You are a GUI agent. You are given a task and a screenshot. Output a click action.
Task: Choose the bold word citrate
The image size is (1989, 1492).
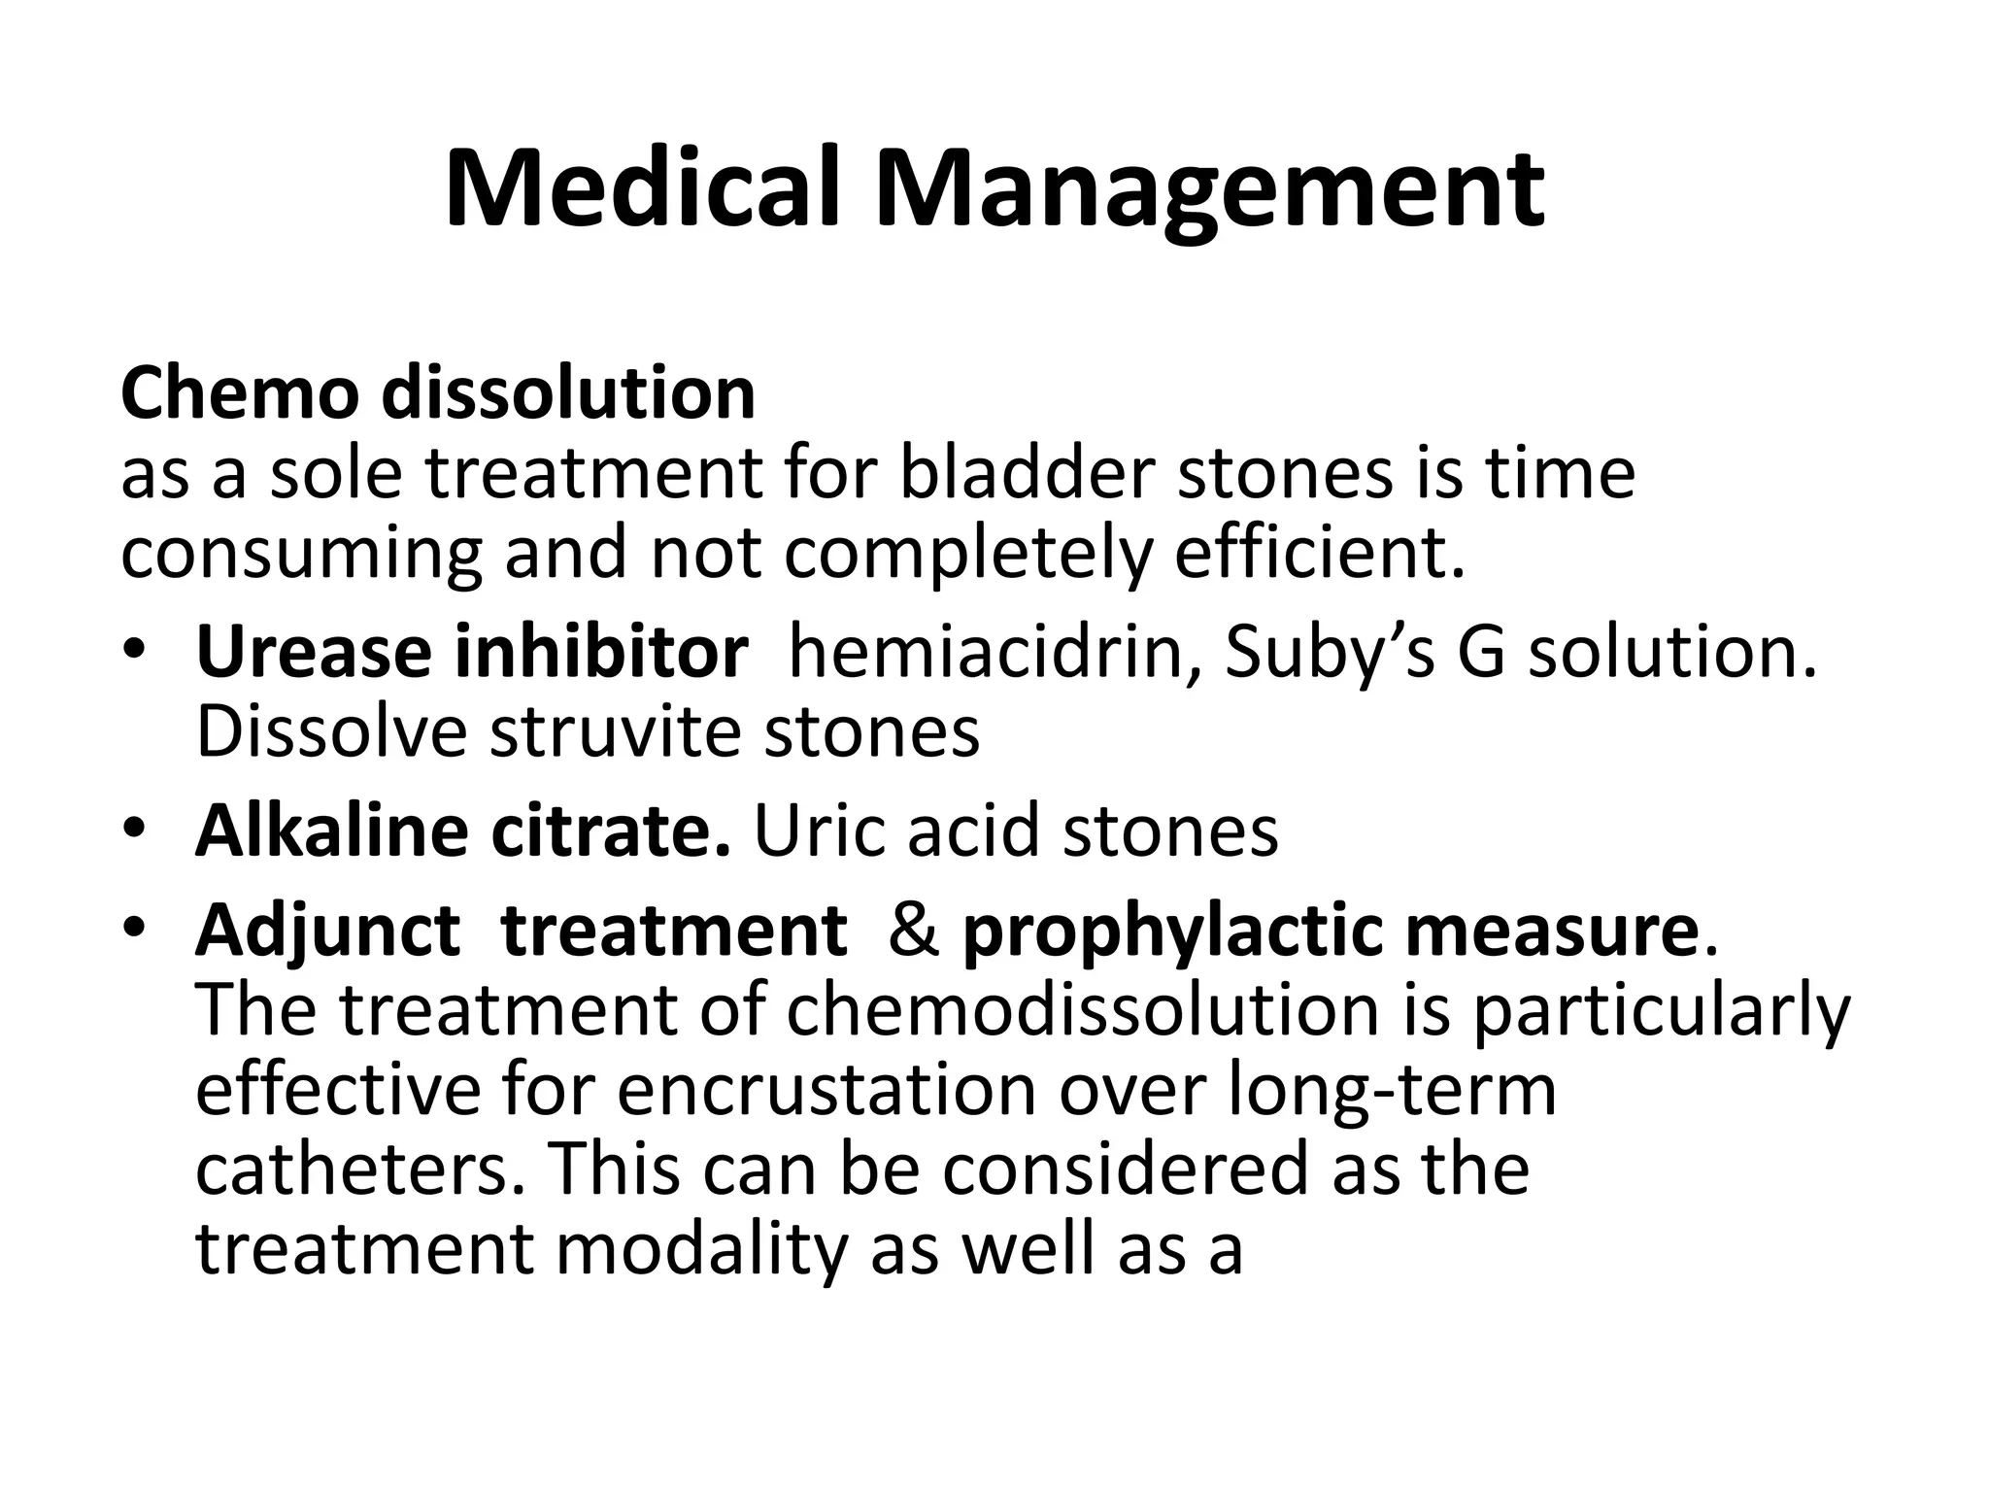click(610, 831)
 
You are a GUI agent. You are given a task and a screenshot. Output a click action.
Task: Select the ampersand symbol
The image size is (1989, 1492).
click(913, 931)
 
